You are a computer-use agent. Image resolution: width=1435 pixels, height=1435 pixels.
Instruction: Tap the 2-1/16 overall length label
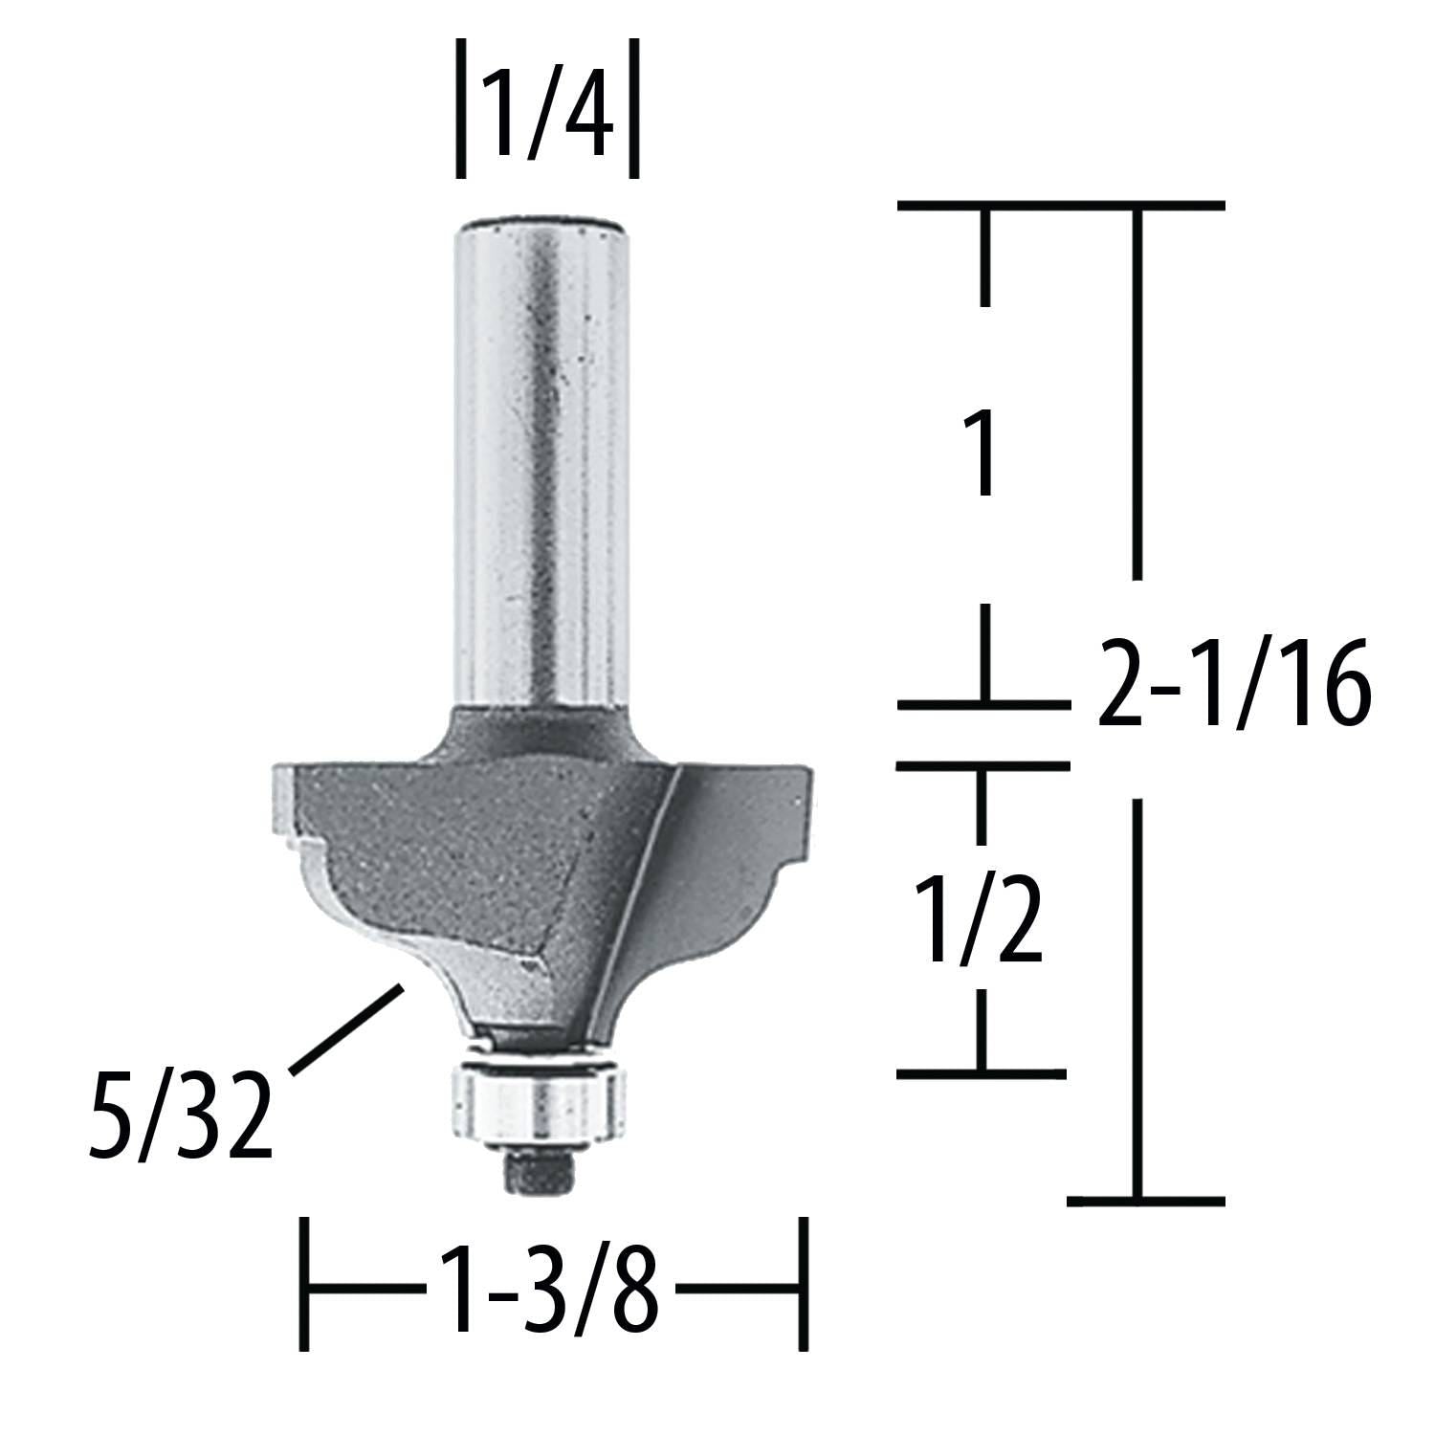pyautogui.click(x=1233, y=685)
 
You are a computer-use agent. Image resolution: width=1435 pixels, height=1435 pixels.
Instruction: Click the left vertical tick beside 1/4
pyautogui.click(x=461, y=108)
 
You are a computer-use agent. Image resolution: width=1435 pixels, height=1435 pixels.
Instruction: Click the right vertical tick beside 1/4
pyautogui.click(x=633, y=108)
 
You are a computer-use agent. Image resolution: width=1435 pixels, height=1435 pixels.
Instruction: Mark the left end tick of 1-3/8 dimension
pyautogui.click(x=304, y=1284)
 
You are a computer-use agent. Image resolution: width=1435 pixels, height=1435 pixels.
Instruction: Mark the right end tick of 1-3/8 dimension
pyautogui.click(x=804, y=1284)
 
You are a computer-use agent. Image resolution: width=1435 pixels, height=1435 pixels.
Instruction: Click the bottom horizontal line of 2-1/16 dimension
pyautogui.click(x=1145, y=1200)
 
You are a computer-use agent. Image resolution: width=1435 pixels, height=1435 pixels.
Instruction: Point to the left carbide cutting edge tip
pyautogui.click(x=287, y=804)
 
